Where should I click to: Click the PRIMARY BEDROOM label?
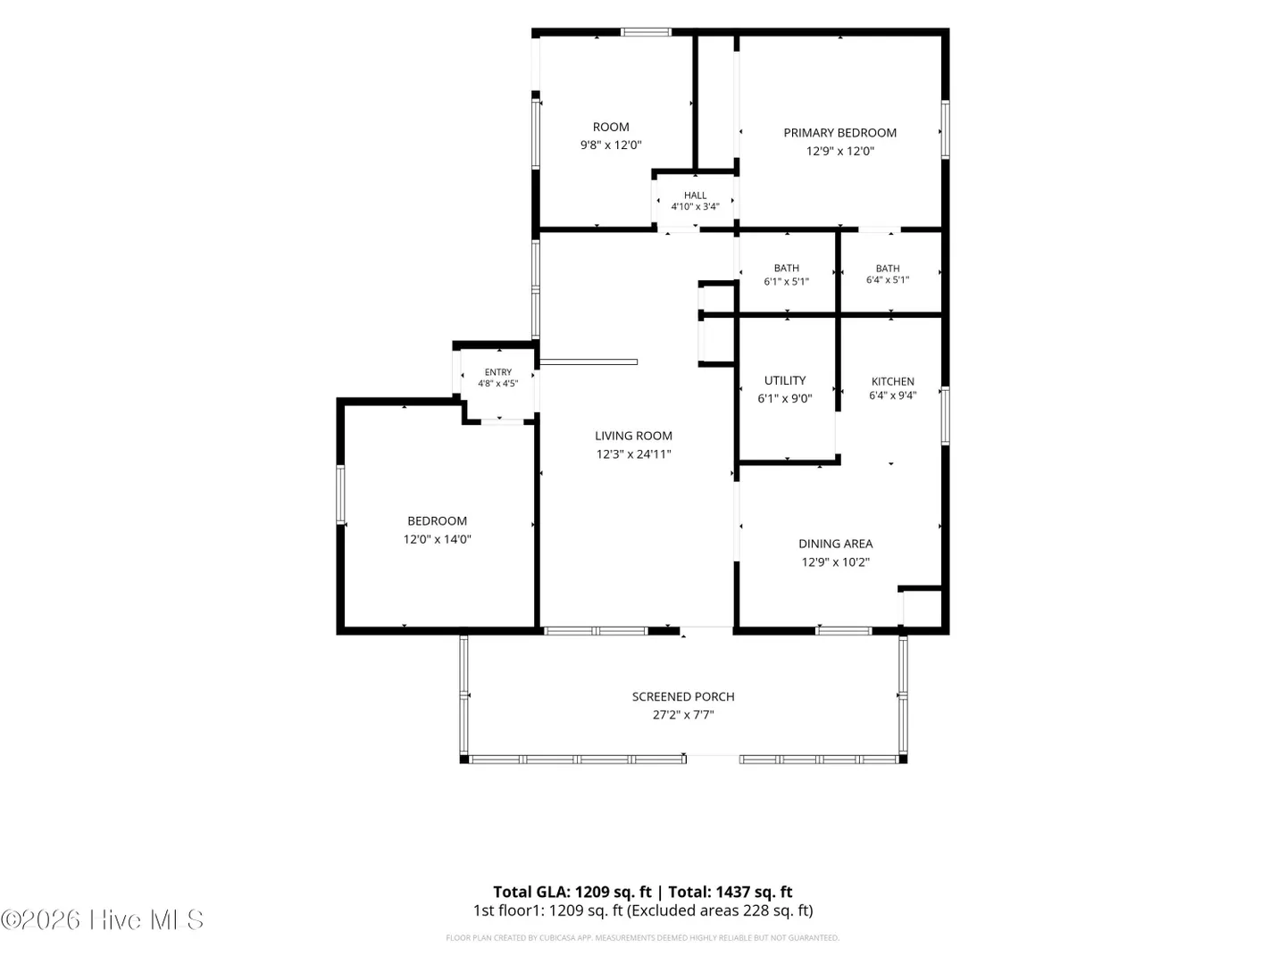pyautogui.click(x=839, y=133)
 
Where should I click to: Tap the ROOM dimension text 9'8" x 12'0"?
pyautogui.click(x=611, y=145)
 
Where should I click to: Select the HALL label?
pyautogui.click(x=695, y=195)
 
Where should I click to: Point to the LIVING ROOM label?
pyautogui.click(x=633, y=436)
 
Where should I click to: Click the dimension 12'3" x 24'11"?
pyautogui.click(x=633, y=453)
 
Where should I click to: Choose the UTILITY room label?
pyautogui.click(x=784, y=380)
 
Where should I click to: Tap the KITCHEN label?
pyautogui.click(x=892, y=381)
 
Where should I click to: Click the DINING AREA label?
pyautogui.click(x=836, y=544)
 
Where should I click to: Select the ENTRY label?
pyautogui.click(x=498, y=372)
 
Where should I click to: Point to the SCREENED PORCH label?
pyautogui.click(x=683, y=696)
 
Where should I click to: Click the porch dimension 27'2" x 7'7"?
pyautogui.click(x=683, y=715)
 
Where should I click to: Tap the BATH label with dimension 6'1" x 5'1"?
pyautogui.click(x=786, y=268)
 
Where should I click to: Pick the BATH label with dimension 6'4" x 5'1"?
pyautogui.click(x=888, y=268)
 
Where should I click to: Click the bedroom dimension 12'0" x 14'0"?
pyautogui.click(x=437, y=539)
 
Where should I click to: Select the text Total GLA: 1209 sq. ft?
pyautogui.click(x=572, y=892)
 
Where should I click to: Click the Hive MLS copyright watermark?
pyautogui.click(x=102, y=919)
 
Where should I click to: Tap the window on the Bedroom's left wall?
pyautogui.click(x=340, y=494)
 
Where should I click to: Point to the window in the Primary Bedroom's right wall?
pyautogui.click(x=945, y=129)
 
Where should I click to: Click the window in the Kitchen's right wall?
pyautogui.click(x=945, y=416)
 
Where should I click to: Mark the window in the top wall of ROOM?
pyautogui.click(x=646, y=32)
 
